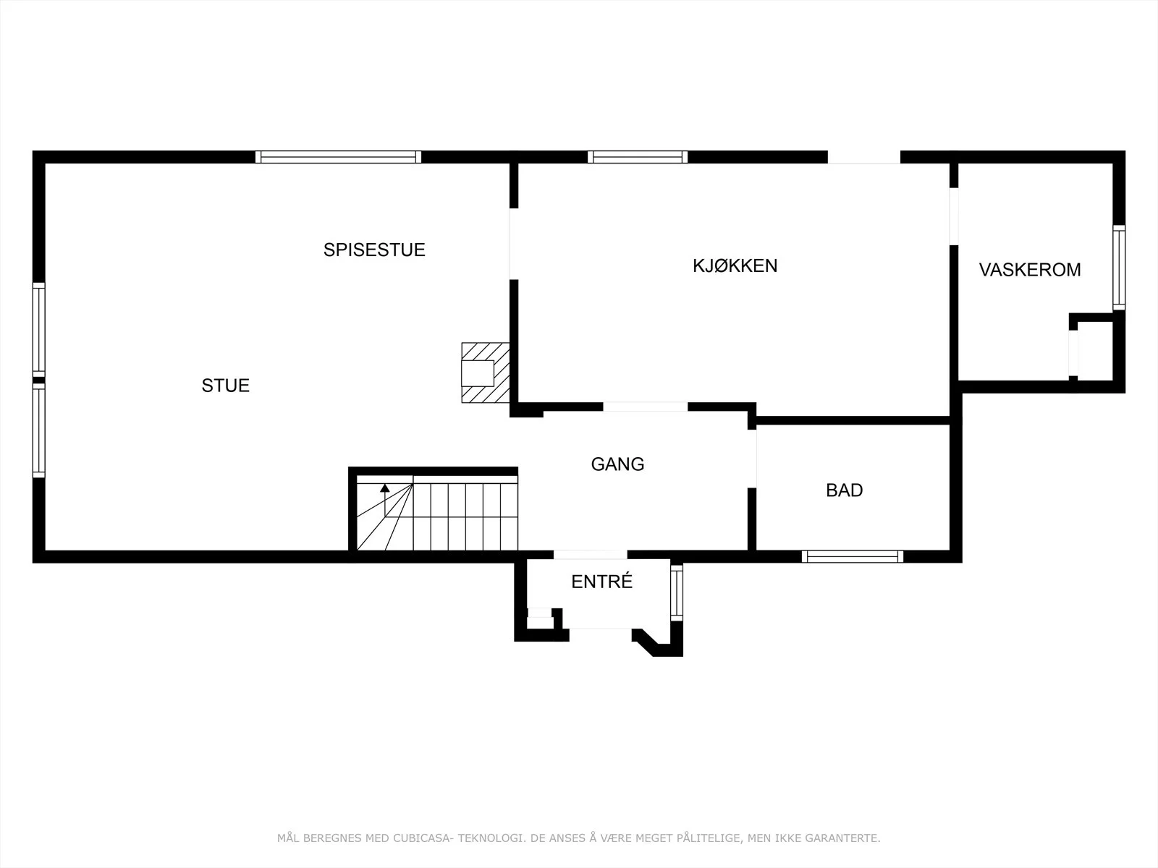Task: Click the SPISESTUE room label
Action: (374, 250)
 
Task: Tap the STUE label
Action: (225, 386)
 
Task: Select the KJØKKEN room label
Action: (735, 265)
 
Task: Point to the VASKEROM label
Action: (1030, 270)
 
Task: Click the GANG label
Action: (617, 464)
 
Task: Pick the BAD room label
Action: (844, 490)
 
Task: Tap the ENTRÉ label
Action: (601, 582)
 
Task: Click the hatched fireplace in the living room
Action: (486, 373)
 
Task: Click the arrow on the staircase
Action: (385, 500)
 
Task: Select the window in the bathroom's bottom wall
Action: (853, 556)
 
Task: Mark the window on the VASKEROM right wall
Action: (1119, 268)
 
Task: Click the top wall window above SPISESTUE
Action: (338, 157)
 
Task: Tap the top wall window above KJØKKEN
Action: (638, 157)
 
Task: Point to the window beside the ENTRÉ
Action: (676, 593)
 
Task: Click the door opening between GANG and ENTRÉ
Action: (591, 554)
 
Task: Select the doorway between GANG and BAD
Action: (752, 459)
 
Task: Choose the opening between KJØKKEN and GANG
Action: (645, 407)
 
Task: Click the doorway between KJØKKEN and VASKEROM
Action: (954, 216)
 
